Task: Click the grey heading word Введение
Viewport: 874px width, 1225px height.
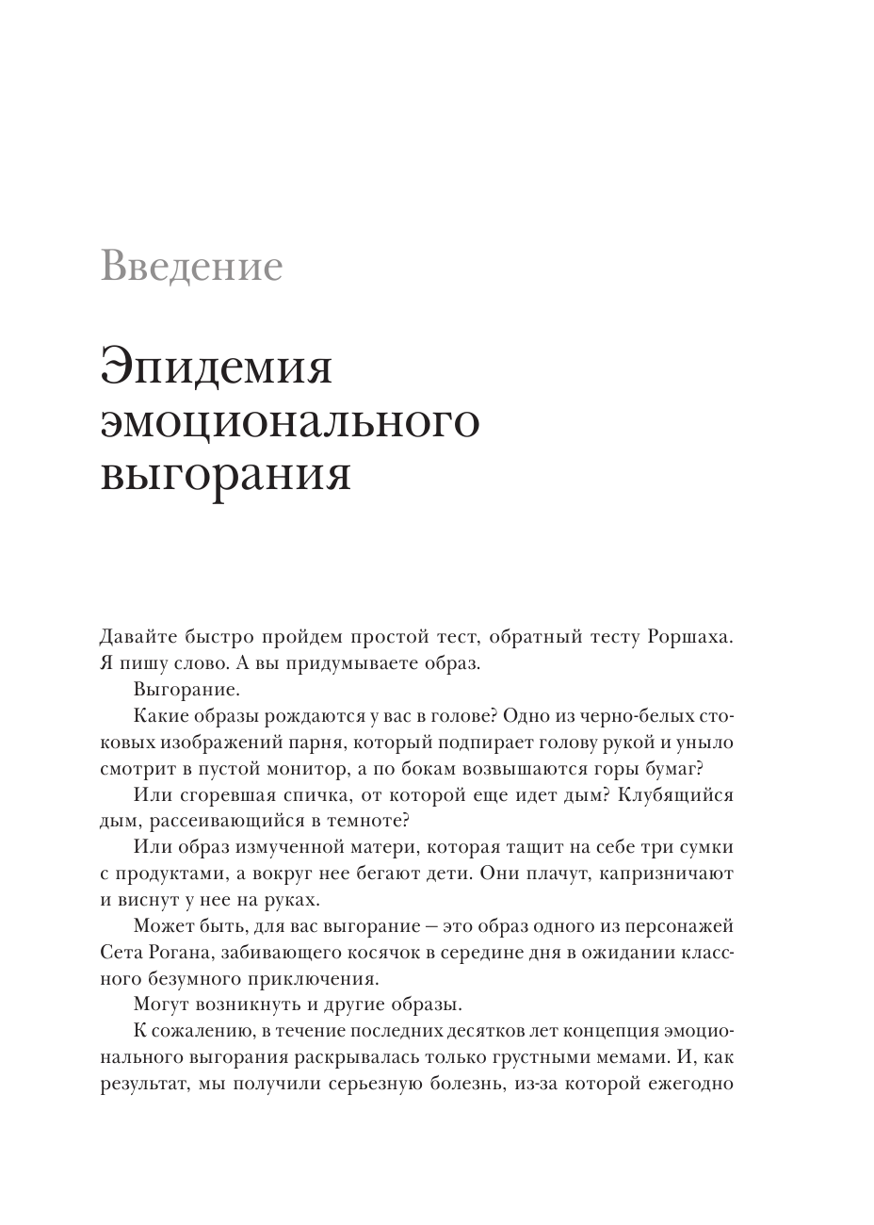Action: (191, 267)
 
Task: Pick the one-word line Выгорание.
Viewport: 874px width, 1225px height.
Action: (186, 689)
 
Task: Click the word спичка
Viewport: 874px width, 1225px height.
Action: (290, 794)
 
